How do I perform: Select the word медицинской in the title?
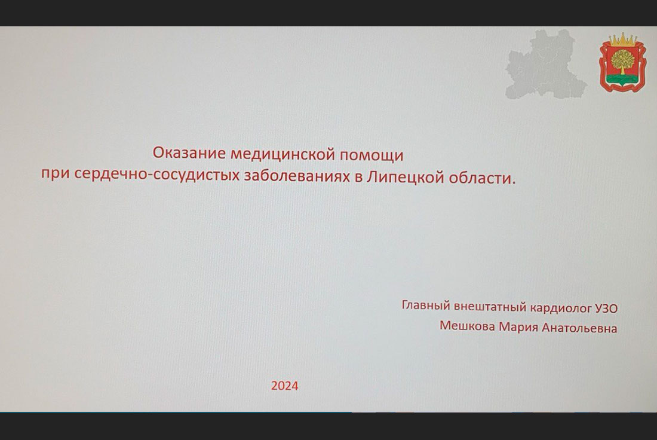(283, 154)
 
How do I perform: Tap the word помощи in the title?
(372, 155)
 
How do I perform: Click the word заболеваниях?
(297, 176)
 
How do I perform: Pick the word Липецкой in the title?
(405, 177)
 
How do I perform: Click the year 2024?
(284, 386)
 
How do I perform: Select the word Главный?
(426, 305)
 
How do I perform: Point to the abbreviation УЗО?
(606, 308)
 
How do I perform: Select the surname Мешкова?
(467, 325)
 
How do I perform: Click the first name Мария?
(518, 327)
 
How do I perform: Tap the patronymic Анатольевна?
(579, 328)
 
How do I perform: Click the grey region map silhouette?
(545, 65)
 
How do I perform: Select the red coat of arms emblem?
(622, 63)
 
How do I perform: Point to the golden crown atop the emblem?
(622, 39)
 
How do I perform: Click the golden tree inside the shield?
(622, 61)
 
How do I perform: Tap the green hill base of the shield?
(622, 79)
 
